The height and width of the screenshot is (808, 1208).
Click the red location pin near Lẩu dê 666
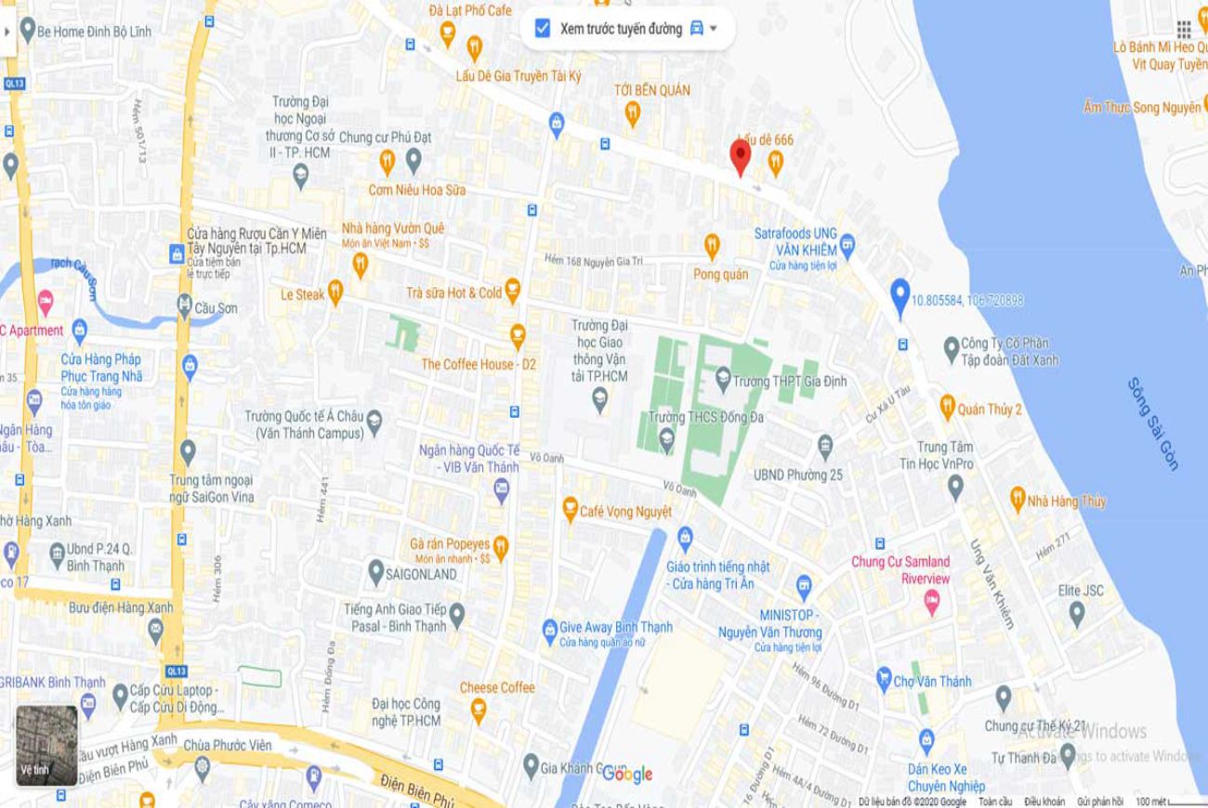[740, 157]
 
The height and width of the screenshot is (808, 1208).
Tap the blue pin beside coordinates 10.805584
[899, 296]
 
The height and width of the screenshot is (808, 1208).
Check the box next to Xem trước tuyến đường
[543, 29]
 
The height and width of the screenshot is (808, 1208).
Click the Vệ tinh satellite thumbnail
[46, 745]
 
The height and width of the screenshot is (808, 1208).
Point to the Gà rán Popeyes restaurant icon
[500, 547]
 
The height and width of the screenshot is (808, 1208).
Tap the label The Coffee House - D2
[479, 364]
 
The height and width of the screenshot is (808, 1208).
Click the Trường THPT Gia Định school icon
[723, 380]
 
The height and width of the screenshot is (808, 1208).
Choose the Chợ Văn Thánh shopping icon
[884, 681]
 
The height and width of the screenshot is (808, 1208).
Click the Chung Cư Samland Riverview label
[900, 569]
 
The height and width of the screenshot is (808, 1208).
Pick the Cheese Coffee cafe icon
[479, 710]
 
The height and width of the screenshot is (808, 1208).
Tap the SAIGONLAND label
[421, 574]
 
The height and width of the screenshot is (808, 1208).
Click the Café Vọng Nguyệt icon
[571, 510]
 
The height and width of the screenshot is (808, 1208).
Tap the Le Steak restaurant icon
[335, 293]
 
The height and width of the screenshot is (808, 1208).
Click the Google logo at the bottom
[627, 774]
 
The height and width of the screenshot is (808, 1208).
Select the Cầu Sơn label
[217, 307]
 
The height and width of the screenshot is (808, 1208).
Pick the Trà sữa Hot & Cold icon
[512, 291]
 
